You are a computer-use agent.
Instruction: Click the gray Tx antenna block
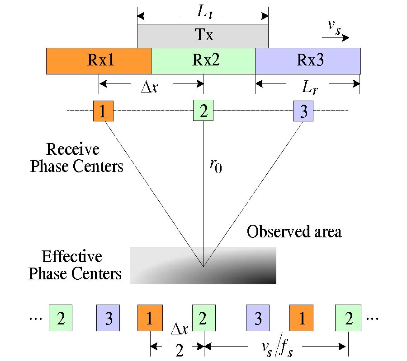click(x=203, y=36)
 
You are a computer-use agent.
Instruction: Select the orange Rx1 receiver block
click(x=99, y=61)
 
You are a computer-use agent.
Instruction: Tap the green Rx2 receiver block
click(x=203, y=61)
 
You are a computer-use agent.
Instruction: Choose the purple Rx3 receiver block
click(x=308, y=61)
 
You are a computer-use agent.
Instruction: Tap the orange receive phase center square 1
click(x=103, y=111)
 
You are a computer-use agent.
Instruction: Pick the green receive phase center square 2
click(x=203, y=111)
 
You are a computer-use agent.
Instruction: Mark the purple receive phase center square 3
click(x=303, y=111)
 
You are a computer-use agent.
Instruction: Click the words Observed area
click(x=294, y=232)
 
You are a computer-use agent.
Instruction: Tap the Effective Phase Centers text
click(x=75, y=265)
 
